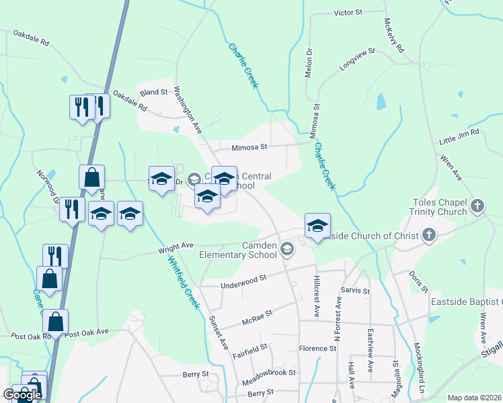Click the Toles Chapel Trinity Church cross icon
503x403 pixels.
point(477,205)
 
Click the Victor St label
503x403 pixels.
point(348,13)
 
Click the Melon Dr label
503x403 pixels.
point(309,62)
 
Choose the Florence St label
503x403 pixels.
point(317,349)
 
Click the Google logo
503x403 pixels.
point(22,395)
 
